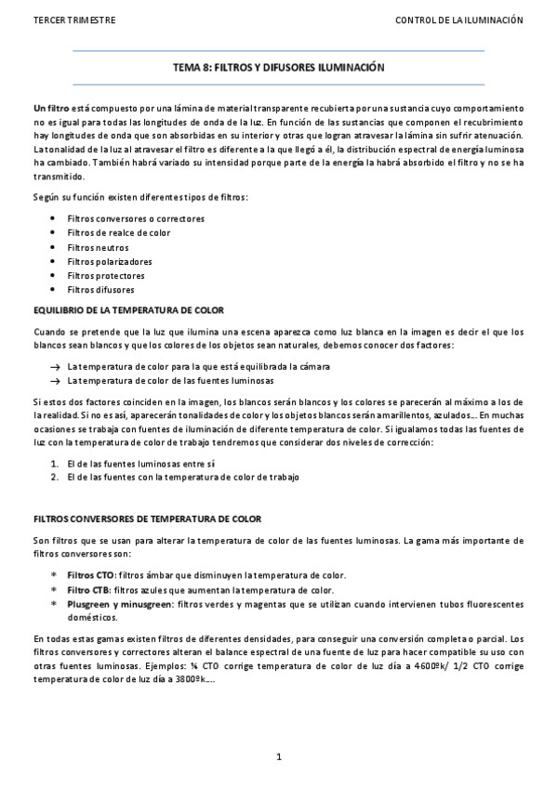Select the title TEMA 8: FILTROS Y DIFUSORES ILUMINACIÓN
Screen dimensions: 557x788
279,68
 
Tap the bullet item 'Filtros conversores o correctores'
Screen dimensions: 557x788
136,218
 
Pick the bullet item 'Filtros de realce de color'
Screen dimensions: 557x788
118,232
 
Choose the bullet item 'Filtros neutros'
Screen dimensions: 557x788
98,247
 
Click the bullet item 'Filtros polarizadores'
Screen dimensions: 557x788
110,261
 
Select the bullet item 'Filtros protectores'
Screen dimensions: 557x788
106,276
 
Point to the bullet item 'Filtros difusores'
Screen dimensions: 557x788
100,290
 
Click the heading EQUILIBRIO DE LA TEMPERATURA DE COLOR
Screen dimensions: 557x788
127,309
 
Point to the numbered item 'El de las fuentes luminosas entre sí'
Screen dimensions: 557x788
141,462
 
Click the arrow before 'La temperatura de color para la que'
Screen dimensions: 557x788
56,367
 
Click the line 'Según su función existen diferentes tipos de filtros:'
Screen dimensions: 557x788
140,198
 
